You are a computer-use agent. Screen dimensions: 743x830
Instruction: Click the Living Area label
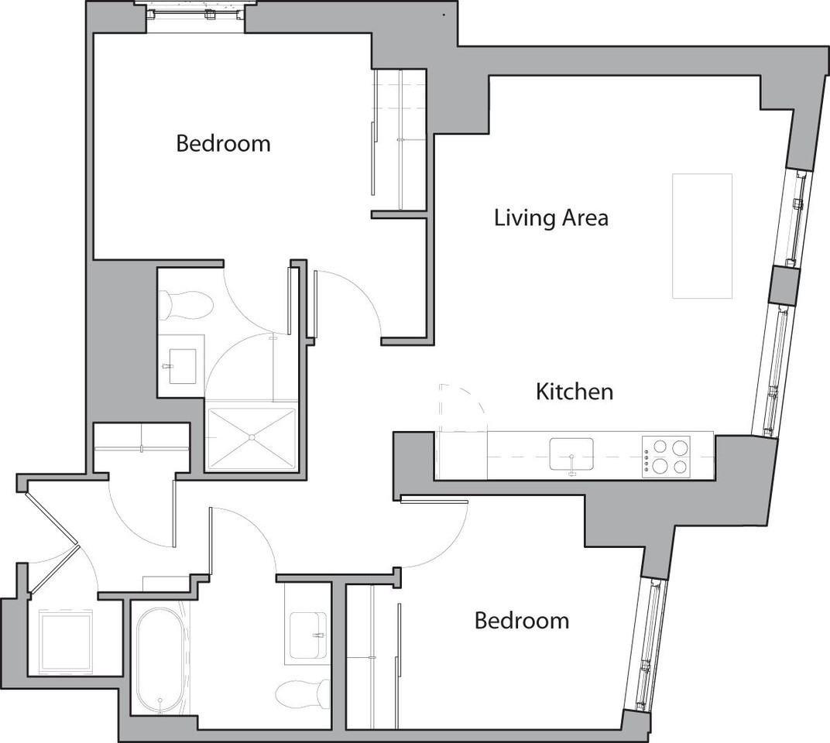[550, 218]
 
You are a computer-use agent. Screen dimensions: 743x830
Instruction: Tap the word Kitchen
[574, 392]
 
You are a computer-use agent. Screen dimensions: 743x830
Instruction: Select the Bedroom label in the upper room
[223, 144]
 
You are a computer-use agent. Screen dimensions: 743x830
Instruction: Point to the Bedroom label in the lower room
[521, 621]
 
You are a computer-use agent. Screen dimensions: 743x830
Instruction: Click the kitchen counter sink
[571, 454]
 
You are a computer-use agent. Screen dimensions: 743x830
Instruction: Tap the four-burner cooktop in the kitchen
[666, 457]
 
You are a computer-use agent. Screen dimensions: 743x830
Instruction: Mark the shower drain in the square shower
[252, 437]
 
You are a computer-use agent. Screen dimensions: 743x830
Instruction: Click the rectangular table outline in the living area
[702, 236]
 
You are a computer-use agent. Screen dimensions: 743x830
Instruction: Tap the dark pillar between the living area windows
[782, 286]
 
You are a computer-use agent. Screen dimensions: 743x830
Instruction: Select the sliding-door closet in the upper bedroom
[399, 139]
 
